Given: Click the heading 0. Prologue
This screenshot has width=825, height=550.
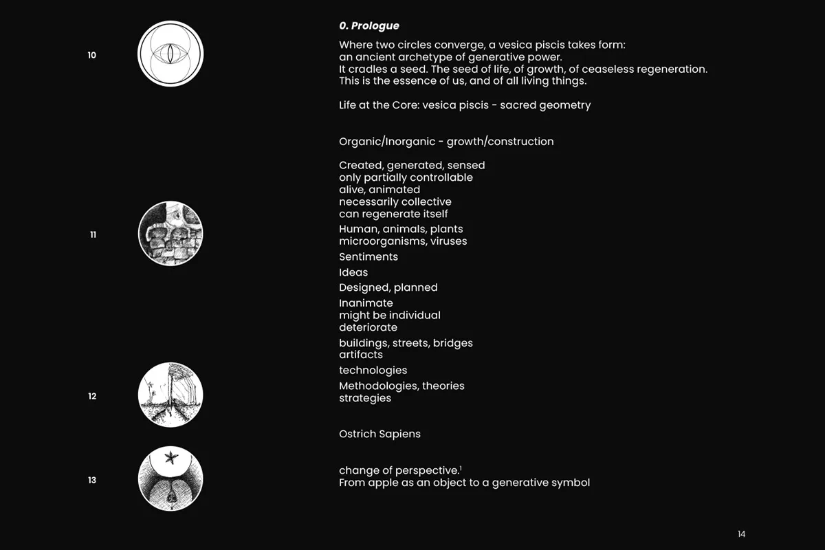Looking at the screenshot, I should click(x=368, y=26).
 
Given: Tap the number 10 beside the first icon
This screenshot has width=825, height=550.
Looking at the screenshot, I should click(x=92, y=55).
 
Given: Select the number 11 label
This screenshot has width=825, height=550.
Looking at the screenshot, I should click(x=93, y=234).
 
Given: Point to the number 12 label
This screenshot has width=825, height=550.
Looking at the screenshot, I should click(x=92, y=396).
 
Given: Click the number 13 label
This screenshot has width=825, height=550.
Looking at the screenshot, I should click(x=92, y=480).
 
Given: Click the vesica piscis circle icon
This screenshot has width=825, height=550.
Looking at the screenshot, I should click(x=170, y=54).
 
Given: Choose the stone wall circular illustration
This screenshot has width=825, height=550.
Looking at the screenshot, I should click(x=170, y=234).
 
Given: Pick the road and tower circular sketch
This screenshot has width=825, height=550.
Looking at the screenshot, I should click(x=170, y=395).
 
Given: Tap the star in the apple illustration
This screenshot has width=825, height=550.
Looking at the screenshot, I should click(x=170, y=457).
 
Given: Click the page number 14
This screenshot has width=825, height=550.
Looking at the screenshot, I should click(x=741, y=534).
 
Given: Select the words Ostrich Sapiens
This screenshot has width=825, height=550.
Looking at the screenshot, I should click(x=379, y=434).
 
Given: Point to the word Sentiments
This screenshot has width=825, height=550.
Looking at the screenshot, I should click(x=368, y=257).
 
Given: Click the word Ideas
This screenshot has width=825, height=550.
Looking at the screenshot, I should click(x=353, y=273).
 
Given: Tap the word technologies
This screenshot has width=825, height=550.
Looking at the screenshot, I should click(x=373, y=371).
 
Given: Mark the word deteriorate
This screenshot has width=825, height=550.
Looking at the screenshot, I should click(x=368, y=328).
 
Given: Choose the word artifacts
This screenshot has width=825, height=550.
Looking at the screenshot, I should click(x=361, y=355).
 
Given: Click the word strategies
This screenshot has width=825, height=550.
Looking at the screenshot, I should click(x=365, y=399).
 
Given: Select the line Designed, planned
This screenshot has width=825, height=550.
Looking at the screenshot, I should click(x=388, y=288).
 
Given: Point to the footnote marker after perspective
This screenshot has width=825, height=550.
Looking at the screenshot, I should click(x=461, y=467).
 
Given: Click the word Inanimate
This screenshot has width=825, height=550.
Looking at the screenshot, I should click(x=366, y=303).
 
